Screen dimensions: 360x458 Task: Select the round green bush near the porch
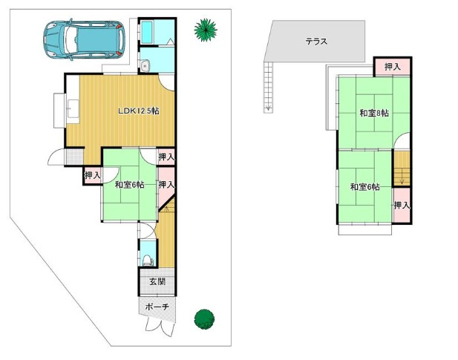point(204,318)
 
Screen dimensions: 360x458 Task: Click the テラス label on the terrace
point(317,42)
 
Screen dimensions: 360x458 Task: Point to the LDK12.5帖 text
point(139,111)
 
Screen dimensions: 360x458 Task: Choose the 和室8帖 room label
point(374,114)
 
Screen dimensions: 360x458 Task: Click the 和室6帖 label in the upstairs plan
point(364,187)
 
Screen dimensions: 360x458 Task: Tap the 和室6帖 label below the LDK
point(129,184)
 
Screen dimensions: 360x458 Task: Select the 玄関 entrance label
point(157,282)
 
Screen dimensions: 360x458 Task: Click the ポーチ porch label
point(157,307)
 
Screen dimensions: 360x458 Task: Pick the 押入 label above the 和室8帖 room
point(392,68)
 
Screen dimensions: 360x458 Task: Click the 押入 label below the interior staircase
point(402,205)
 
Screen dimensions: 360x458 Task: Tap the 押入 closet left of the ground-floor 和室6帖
point(92,175)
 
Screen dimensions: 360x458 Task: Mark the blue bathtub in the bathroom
point(148,33)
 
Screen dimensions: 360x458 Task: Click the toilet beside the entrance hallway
point(147,259)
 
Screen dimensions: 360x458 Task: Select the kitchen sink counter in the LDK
point(71,110)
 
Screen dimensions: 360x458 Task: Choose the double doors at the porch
point(157,324)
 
